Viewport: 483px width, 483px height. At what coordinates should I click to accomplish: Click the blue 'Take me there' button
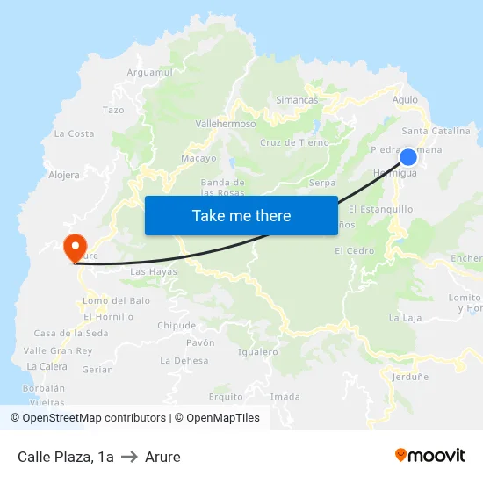(x=241, y=215)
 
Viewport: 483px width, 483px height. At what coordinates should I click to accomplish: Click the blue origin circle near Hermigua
(x=408, y=157)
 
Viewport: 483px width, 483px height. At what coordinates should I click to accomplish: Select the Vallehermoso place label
(x=226, y=124)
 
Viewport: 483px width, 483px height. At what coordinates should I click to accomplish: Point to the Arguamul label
(x=146, y=72)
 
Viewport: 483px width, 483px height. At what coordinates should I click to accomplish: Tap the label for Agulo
(x=406, y=100)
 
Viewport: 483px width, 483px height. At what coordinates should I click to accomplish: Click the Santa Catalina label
(x=436, y=131)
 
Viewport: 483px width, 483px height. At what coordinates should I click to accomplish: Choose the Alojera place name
(x=64, y=175)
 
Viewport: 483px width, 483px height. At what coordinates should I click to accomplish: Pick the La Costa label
(x=74, y=133)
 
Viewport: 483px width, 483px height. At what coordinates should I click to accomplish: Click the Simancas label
(x=297, y=100)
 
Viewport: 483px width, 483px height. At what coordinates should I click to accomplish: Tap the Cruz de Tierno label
(x=294, y=142)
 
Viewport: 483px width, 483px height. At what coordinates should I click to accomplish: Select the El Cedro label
(x=354, y=250)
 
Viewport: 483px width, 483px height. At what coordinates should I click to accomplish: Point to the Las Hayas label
(x=154, y=272)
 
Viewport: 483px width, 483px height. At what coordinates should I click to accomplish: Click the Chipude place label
(x=177, y=325)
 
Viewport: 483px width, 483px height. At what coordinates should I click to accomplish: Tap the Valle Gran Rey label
(x=58, y=350)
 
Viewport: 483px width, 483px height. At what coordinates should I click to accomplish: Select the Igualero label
(x=258, y=352)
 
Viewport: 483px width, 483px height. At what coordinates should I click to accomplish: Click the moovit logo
(x=429, y=455)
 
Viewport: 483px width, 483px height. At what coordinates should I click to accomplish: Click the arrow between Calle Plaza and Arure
(x=129, y=457)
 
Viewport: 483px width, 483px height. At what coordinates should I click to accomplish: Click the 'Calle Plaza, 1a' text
(x=66, y=457)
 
